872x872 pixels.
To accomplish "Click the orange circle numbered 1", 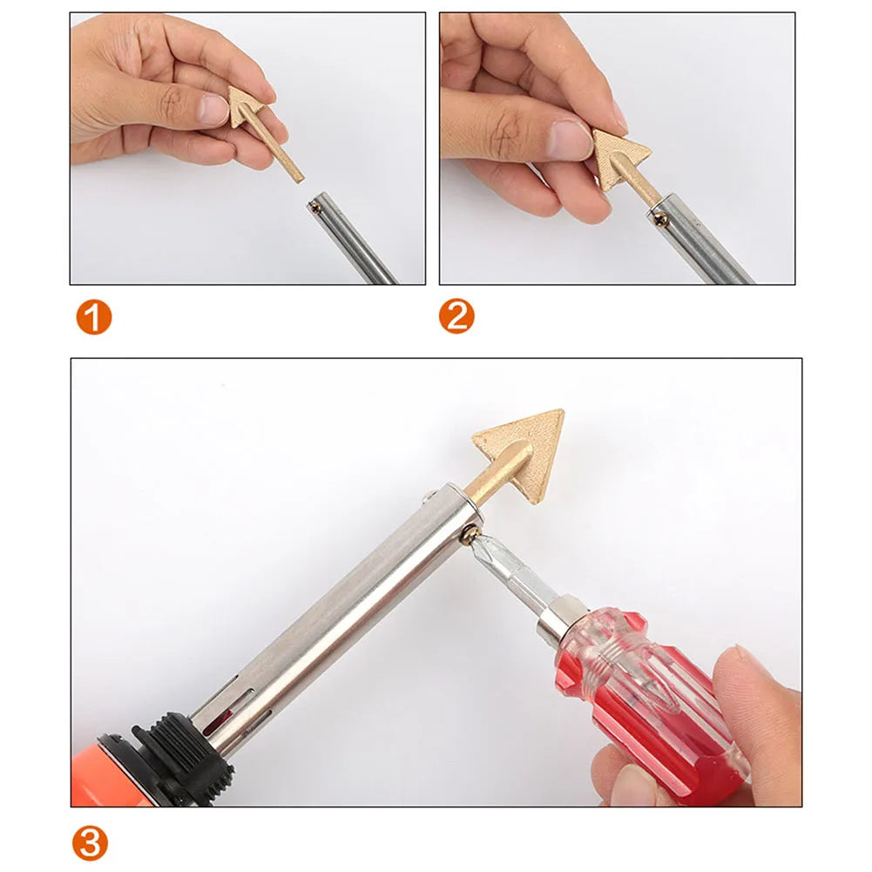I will point(92,317).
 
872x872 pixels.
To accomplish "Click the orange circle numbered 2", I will point(456,317).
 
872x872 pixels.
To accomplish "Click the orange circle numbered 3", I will point(91,844).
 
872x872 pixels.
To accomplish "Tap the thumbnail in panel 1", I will point(213,109).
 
